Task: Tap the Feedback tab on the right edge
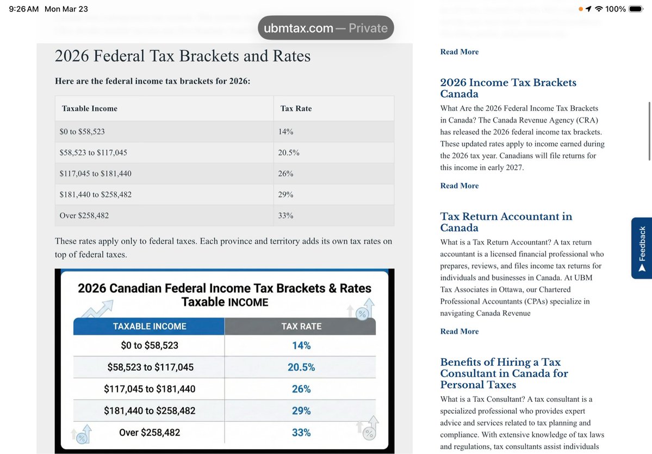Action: (x=642, y=248)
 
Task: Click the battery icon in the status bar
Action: (x=636, y=9)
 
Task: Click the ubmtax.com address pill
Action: (x=325, y=28)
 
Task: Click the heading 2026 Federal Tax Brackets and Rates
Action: (x=183, y=56)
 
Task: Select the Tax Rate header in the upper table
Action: (x=296, y=108)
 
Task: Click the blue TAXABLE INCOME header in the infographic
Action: (x=149, y=326)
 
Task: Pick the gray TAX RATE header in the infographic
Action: (x=301, y=326)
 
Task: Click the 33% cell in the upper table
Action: (x=285, y=216)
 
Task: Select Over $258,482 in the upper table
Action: (x=84, y=216)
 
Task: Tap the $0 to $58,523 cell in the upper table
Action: (x=82, y=132)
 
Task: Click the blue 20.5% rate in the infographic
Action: (x=301, y=367)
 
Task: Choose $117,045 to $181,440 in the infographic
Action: (x=150, y=389)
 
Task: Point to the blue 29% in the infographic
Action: (x=301, y=411)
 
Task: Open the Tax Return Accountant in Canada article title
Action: (x=506, y=222)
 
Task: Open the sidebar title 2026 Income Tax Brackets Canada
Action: (x=508, y=88)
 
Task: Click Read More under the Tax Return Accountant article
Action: (x=459, y=332)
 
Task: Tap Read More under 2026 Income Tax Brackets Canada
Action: (x=459, y=186)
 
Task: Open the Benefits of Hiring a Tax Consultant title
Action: (x=504, y=373)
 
